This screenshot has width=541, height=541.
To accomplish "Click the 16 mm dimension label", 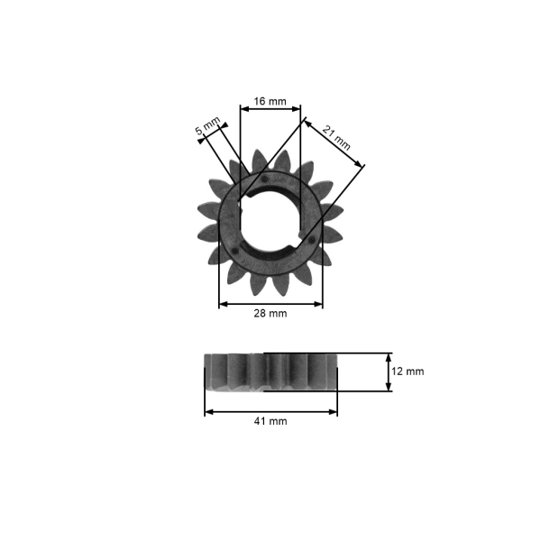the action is [x=270, y=101].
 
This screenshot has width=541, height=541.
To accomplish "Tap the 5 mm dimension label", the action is [x=207, y=126].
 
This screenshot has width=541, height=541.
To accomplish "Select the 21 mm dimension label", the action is [x=336, y=138].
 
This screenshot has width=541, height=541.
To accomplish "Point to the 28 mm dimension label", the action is [x=270, y=313].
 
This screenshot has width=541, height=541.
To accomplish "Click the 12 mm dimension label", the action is [x=408, y=371].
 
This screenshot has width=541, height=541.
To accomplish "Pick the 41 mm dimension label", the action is [x=270, y=421].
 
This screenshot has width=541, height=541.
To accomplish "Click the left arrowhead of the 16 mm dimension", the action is [x=244, y=109].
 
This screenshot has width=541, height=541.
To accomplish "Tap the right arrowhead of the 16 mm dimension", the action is [x=297, y=109].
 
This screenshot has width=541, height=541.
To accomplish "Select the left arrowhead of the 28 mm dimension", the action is [x=224, y=304].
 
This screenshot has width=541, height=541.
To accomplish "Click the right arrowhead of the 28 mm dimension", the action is [x=318, y=304].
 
